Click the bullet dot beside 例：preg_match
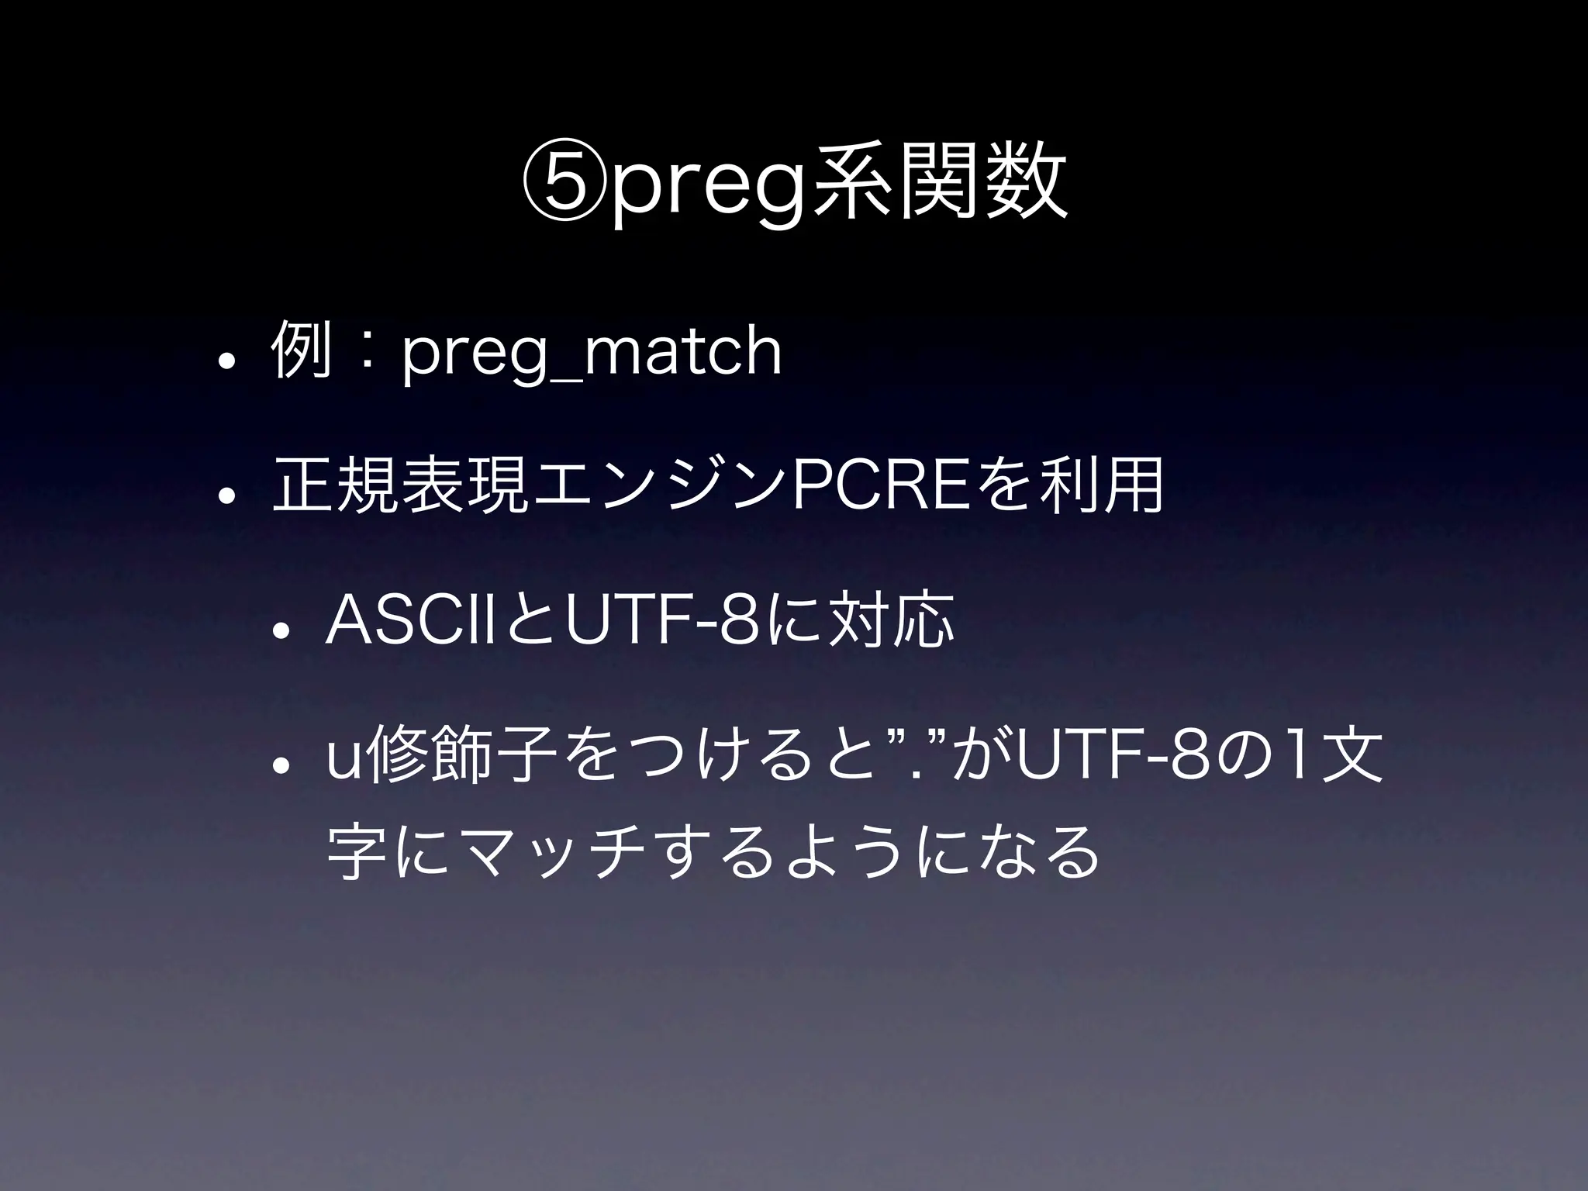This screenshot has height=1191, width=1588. point(226,361)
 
